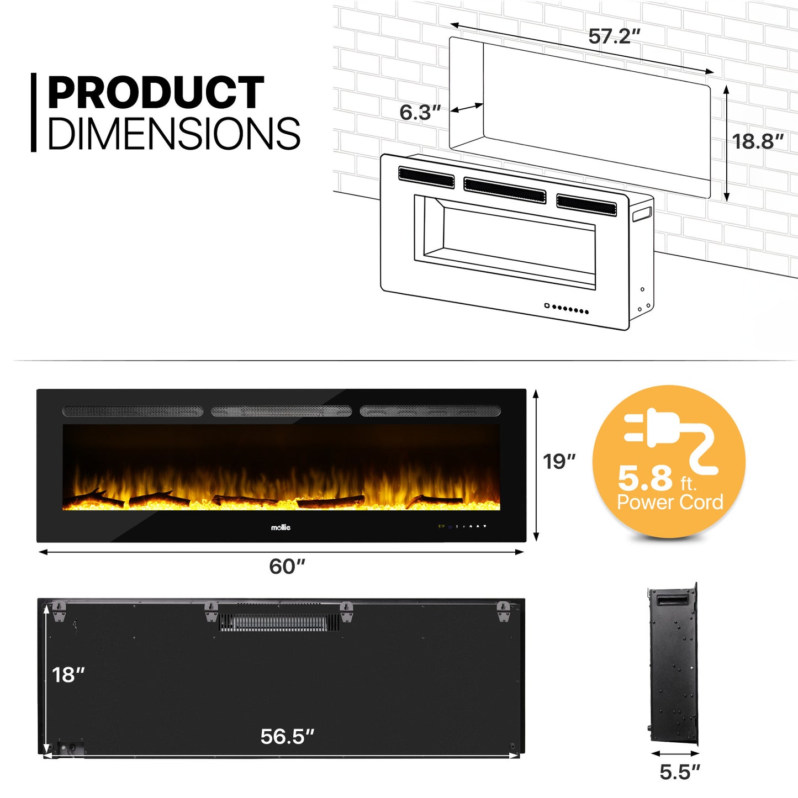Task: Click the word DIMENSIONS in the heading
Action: [x=175, y=133]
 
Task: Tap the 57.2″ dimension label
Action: [x=614, y=36]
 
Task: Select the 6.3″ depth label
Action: [x=420, y=113]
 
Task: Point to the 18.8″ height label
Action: [x=758, y=141]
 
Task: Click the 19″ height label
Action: [x=559, y=462]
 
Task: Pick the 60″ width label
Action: [x=287, y=567]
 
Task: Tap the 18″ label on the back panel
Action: [x=68, y=675]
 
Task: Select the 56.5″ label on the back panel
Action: [x=287, y=736]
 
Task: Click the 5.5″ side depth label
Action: [x=680, y=772]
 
